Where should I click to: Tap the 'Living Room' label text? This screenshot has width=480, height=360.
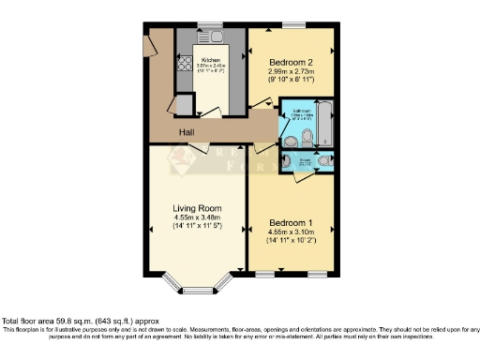(195, 208)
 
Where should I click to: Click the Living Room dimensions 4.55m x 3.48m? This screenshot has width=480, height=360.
(195, 217)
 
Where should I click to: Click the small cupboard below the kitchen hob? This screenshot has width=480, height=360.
(184, 103)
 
